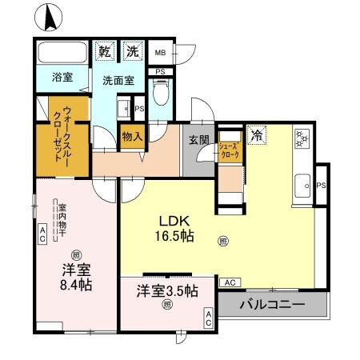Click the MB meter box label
(160, 53)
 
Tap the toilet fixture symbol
(161, 95)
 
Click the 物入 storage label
(131, 136)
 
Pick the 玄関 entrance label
(198, 140)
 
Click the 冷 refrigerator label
(258, 135)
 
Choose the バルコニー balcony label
(273, 305)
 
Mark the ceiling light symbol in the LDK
(222, 238)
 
